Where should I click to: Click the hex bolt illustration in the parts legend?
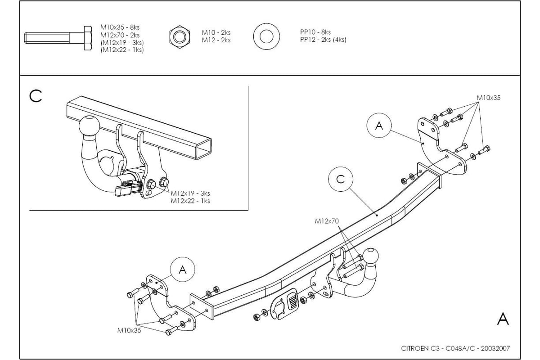[58, 38]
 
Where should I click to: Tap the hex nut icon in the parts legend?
[180, 36]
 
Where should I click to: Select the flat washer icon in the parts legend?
[266, 36]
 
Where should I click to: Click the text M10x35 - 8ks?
[120, 27]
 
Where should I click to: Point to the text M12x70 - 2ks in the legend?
[120, 35]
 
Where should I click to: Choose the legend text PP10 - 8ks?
[315, 32]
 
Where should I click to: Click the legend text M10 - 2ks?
[216, 32]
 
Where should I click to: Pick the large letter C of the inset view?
[36, 96]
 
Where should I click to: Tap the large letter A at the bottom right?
[503, 319]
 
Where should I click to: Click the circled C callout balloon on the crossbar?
[340, 179]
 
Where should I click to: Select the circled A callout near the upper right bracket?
[379, 126]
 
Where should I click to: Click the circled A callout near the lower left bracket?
[183, 270]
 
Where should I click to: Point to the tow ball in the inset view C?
[89, 126]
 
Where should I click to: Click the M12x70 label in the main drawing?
[327, 221]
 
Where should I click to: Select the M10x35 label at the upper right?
[488, 98]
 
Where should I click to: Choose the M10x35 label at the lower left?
[129, 330]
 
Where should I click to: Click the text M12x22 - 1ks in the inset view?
[190, 201]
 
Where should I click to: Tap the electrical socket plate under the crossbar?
[284, 304]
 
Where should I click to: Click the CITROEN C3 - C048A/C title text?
[455, 348]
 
